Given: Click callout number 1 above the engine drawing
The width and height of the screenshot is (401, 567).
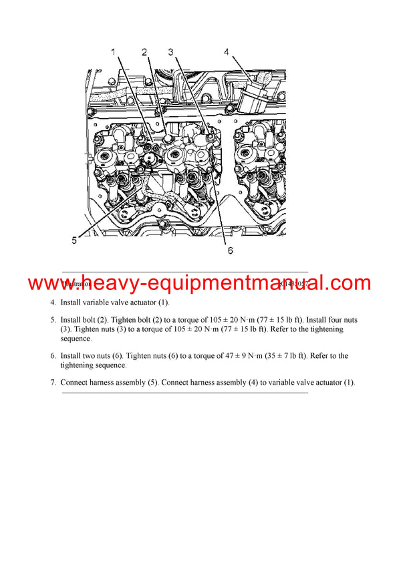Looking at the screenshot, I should [114, 52].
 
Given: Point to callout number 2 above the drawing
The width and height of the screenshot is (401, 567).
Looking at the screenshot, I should [144, 52].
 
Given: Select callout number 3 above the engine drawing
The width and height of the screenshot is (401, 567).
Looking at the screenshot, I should [170, 52].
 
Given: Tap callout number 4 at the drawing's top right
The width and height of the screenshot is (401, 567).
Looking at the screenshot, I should [226, 52].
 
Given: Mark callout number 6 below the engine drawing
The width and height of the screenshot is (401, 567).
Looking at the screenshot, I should [229, 251].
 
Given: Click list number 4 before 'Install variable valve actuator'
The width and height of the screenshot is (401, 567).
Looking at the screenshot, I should [53, 303].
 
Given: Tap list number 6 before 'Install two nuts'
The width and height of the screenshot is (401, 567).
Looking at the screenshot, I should [53, 356].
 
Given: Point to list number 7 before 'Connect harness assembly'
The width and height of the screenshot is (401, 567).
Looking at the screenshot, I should [53, 382].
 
